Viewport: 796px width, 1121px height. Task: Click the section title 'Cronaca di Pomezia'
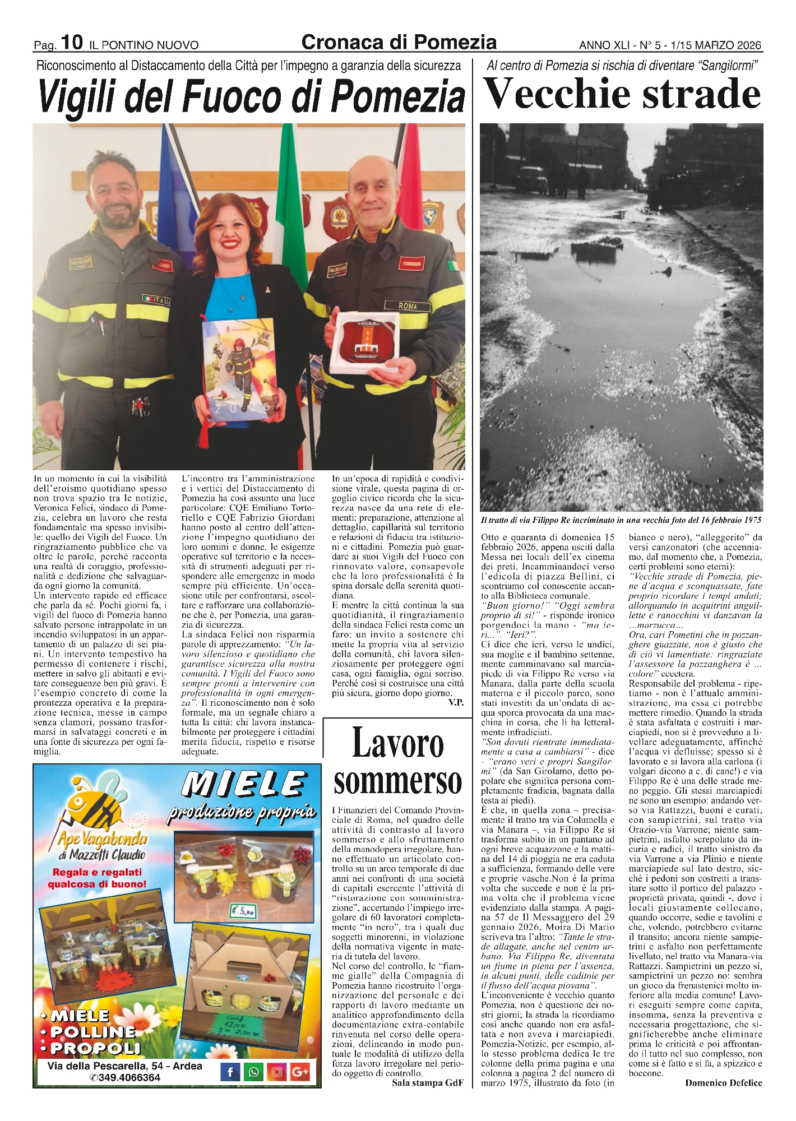click(x=399, y=41)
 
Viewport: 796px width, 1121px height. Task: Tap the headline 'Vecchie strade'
click(x=622, y=95)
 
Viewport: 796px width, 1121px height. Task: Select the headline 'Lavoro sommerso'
click(x=397, y=762)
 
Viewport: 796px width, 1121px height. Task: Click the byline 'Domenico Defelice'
click(x=723, y=1083)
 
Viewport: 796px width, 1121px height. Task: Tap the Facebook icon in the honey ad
click(x=230, y=1073)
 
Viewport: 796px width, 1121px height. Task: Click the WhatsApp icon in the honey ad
click(x=254, y=1073)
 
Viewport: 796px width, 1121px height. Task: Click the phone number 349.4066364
click(x=125, y=1078)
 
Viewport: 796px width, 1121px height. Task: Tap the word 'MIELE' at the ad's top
click(x=245, y=784)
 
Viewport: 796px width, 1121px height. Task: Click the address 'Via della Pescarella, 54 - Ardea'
click(x=125, y=1066)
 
